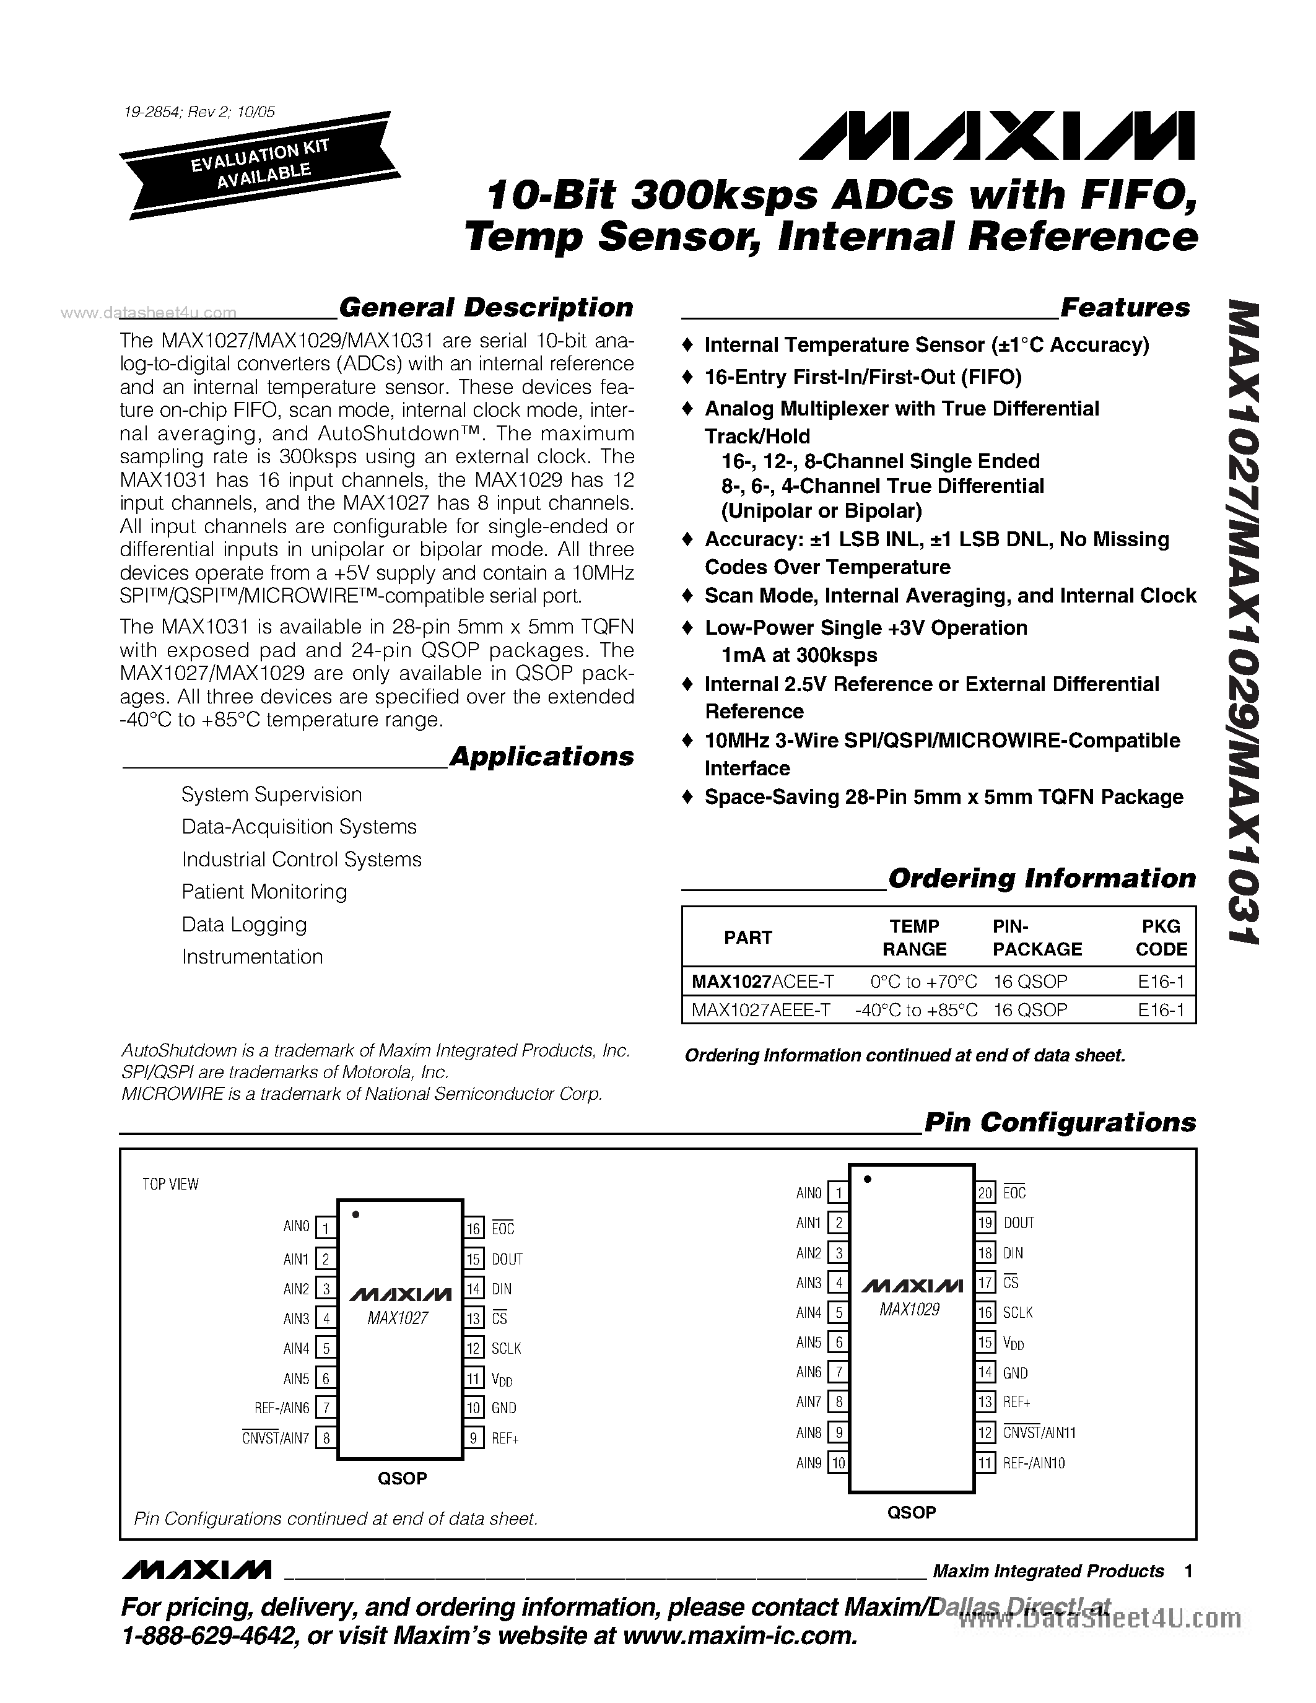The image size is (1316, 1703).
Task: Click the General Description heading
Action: [486, 307]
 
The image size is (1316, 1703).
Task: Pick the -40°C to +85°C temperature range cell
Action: [916, 1010]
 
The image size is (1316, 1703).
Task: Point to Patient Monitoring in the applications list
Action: [264, 891]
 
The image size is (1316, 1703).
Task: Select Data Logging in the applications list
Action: [244, 924]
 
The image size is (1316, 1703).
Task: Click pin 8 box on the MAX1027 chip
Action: [326, 1438]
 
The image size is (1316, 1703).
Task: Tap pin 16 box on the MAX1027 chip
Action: [474, 1229]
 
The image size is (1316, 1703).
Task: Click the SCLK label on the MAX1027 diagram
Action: [506, 1348]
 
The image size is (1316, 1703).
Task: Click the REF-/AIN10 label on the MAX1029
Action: [1034, 1463]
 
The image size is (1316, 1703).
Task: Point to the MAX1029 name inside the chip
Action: [909, 1310]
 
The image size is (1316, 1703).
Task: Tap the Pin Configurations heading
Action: [1060, 1122]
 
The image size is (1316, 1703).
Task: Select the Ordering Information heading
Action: [1042, 878]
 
